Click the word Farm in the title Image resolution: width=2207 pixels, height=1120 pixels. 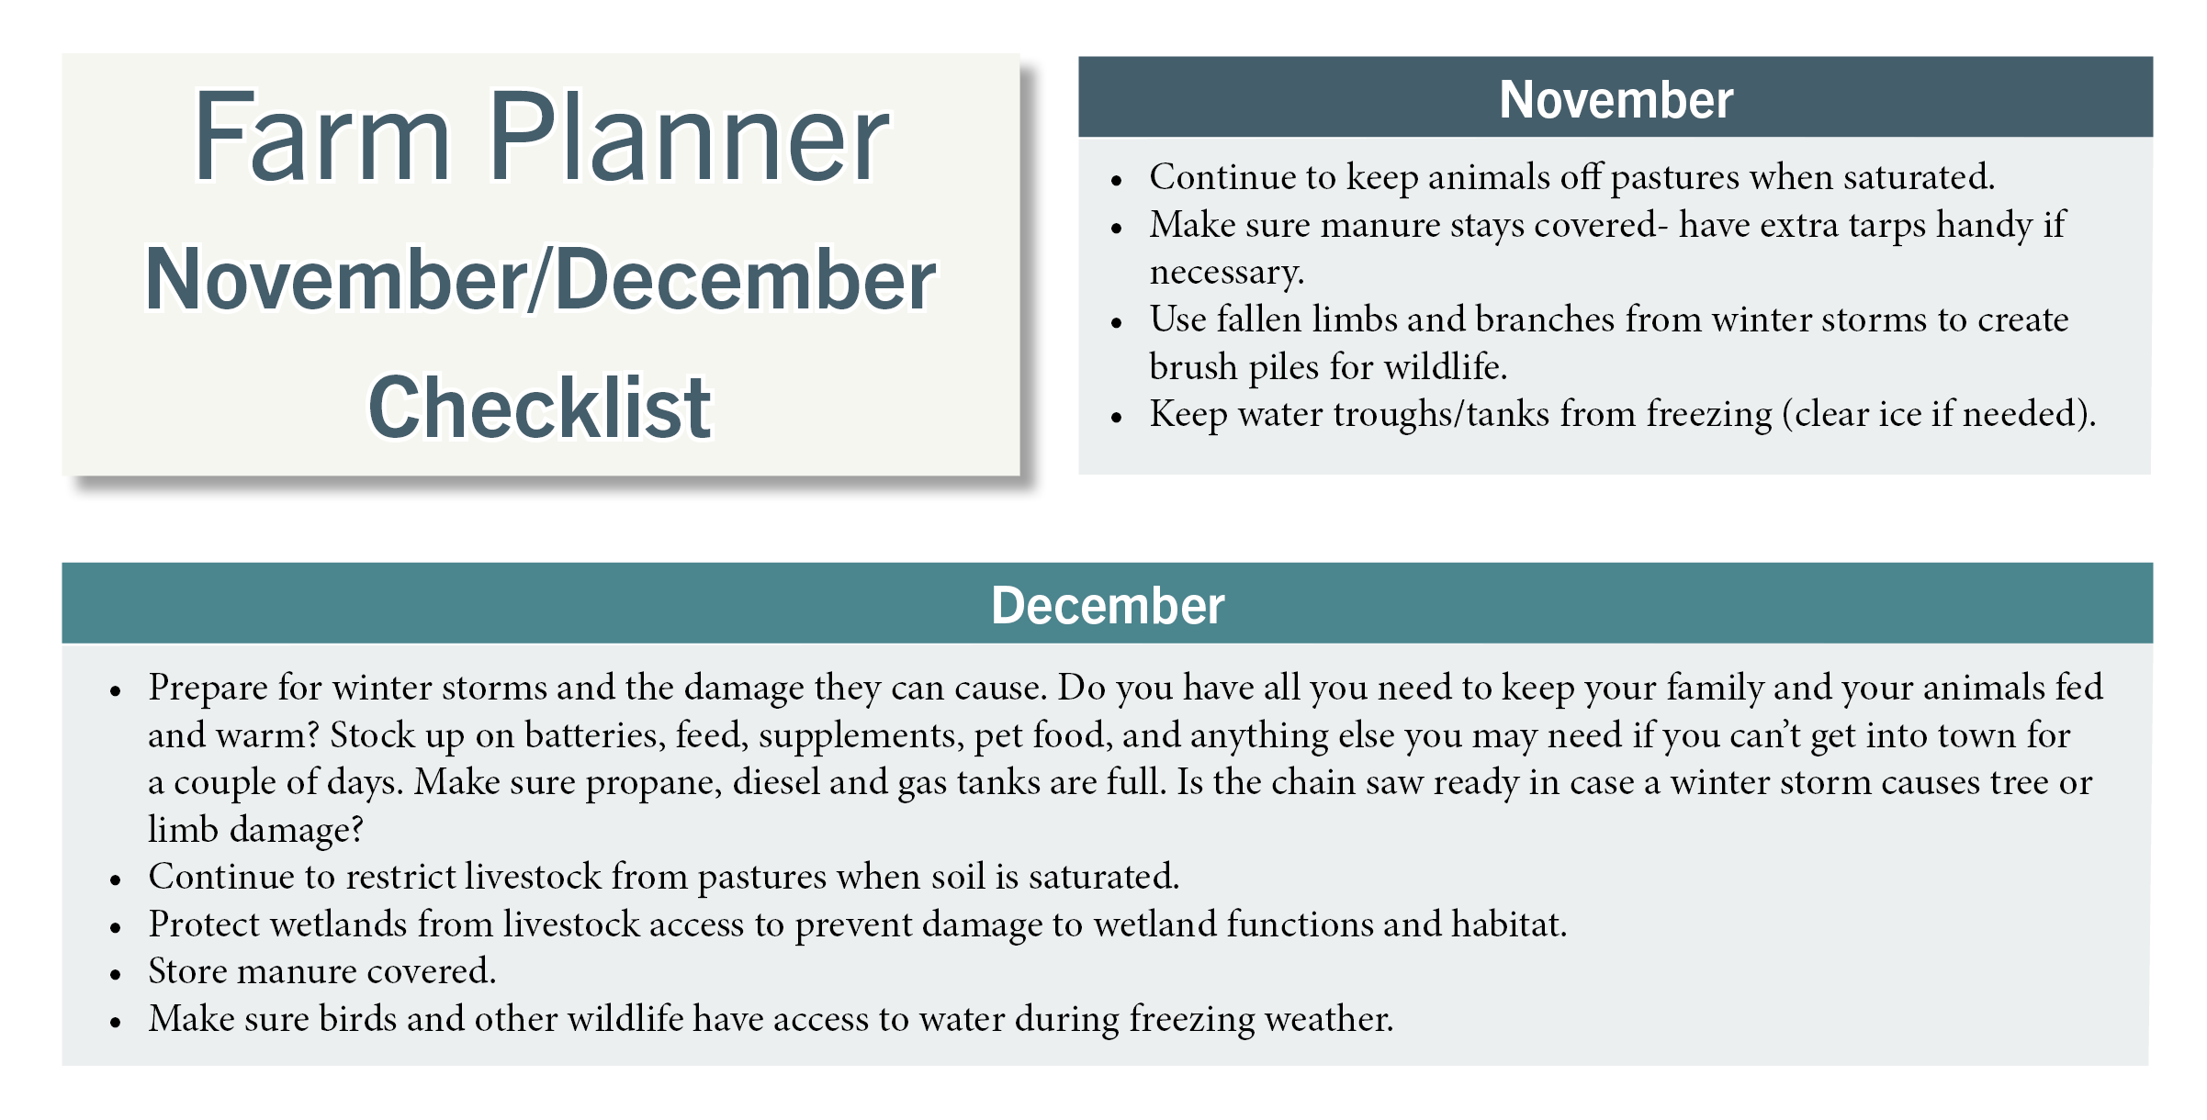pos(322,138)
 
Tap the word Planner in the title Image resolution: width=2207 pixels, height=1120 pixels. pos(690,138)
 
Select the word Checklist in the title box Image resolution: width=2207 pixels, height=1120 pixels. pos(540,407)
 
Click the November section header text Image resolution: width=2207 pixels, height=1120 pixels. pos(1616,99)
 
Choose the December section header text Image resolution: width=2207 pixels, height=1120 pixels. pos(1108,606)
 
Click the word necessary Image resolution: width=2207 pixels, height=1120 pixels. pos(1226,273)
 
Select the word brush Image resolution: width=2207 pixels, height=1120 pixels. pos(1193,366)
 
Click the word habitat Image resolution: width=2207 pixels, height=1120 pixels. pos(1509,924)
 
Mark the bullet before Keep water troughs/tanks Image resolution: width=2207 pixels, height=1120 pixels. pos(1117,418)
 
